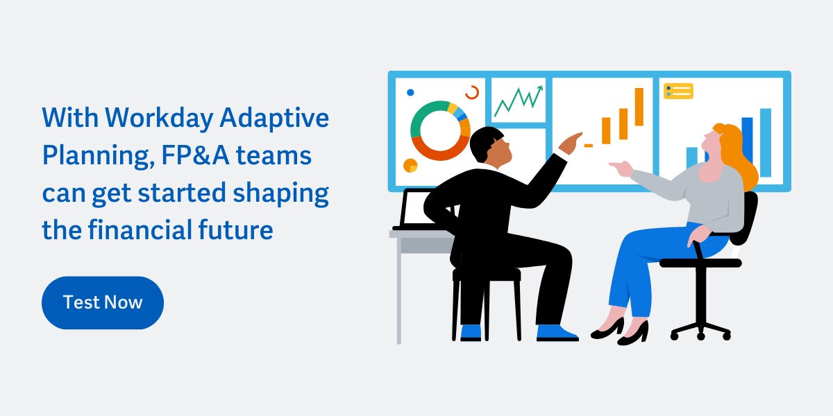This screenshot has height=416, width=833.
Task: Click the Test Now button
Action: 103,302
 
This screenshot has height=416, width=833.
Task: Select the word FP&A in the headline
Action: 195,155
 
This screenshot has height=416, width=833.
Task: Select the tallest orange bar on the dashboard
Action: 639,107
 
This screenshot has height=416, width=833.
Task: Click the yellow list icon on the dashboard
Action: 678,91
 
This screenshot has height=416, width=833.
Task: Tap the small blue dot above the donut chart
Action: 410,92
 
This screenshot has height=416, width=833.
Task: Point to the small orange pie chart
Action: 410,166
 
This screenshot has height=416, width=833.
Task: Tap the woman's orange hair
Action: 738,156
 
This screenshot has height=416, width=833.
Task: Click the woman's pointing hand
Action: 621,168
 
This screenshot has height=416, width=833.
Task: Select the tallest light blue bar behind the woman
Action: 765,143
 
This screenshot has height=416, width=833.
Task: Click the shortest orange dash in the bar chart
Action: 589,146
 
